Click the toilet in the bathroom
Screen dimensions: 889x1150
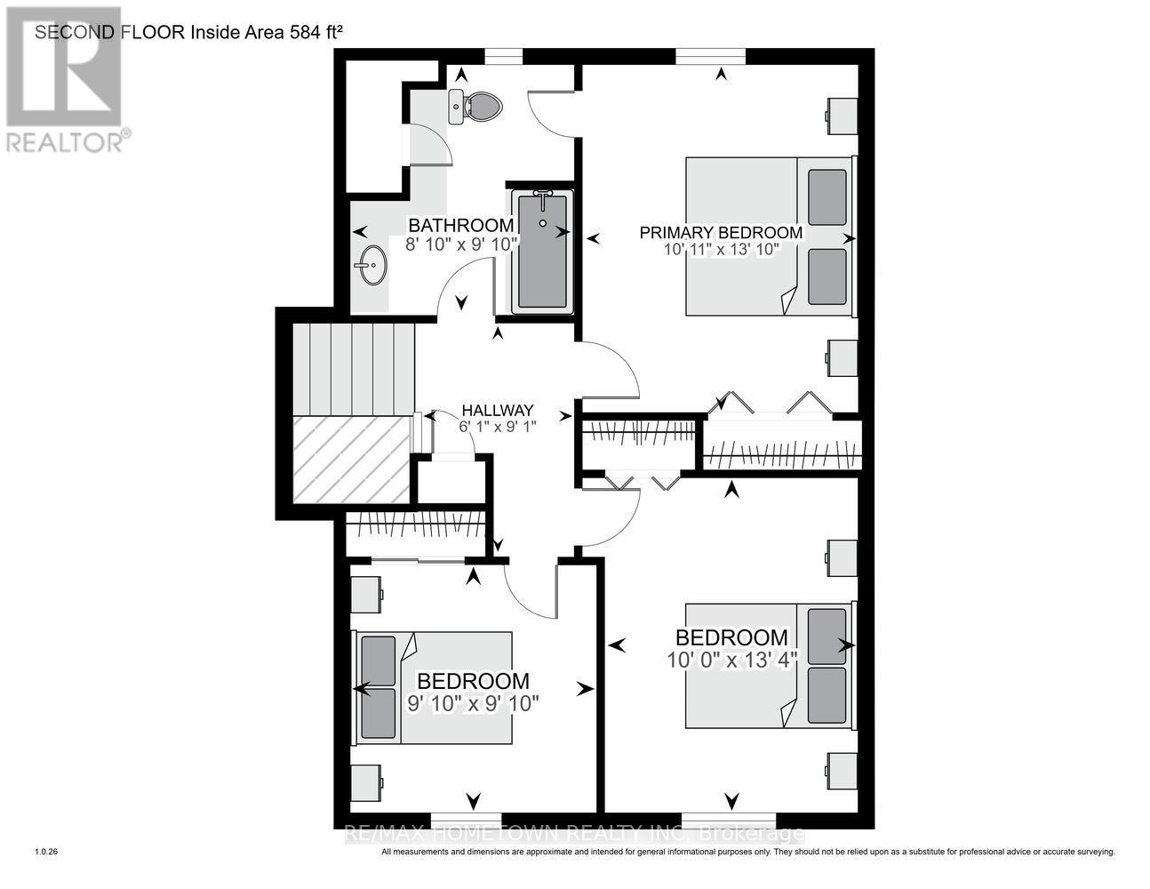click(478, 107)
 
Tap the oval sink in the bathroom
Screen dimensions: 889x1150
click(372, 265)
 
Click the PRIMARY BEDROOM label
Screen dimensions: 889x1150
click(721, 233)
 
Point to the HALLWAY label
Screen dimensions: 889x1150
click(497, 411)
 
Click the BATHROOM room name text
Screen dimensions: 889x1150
click(459, 226)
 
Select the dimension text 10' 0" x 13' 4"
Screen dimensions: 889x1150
click(731, 660)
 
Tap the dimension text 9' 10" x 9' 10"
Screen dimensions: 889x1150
click(473, 703)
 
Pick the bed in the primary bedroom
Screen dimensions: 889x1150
click(769, 236)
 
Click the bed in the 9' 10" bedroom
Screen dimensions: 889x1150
click(435, 687)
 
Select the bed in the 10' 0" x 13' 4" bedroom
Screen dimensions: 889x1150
click(769, 666)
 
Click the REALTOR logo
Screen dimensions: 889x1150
click(64, 80)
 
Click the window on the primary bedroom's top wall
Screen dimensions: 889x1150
click(710, 57)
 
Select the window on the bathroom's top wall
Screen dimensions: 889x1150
click(503, 57)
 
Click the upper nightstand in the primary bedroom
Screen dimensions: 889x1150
click(842, 113)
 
